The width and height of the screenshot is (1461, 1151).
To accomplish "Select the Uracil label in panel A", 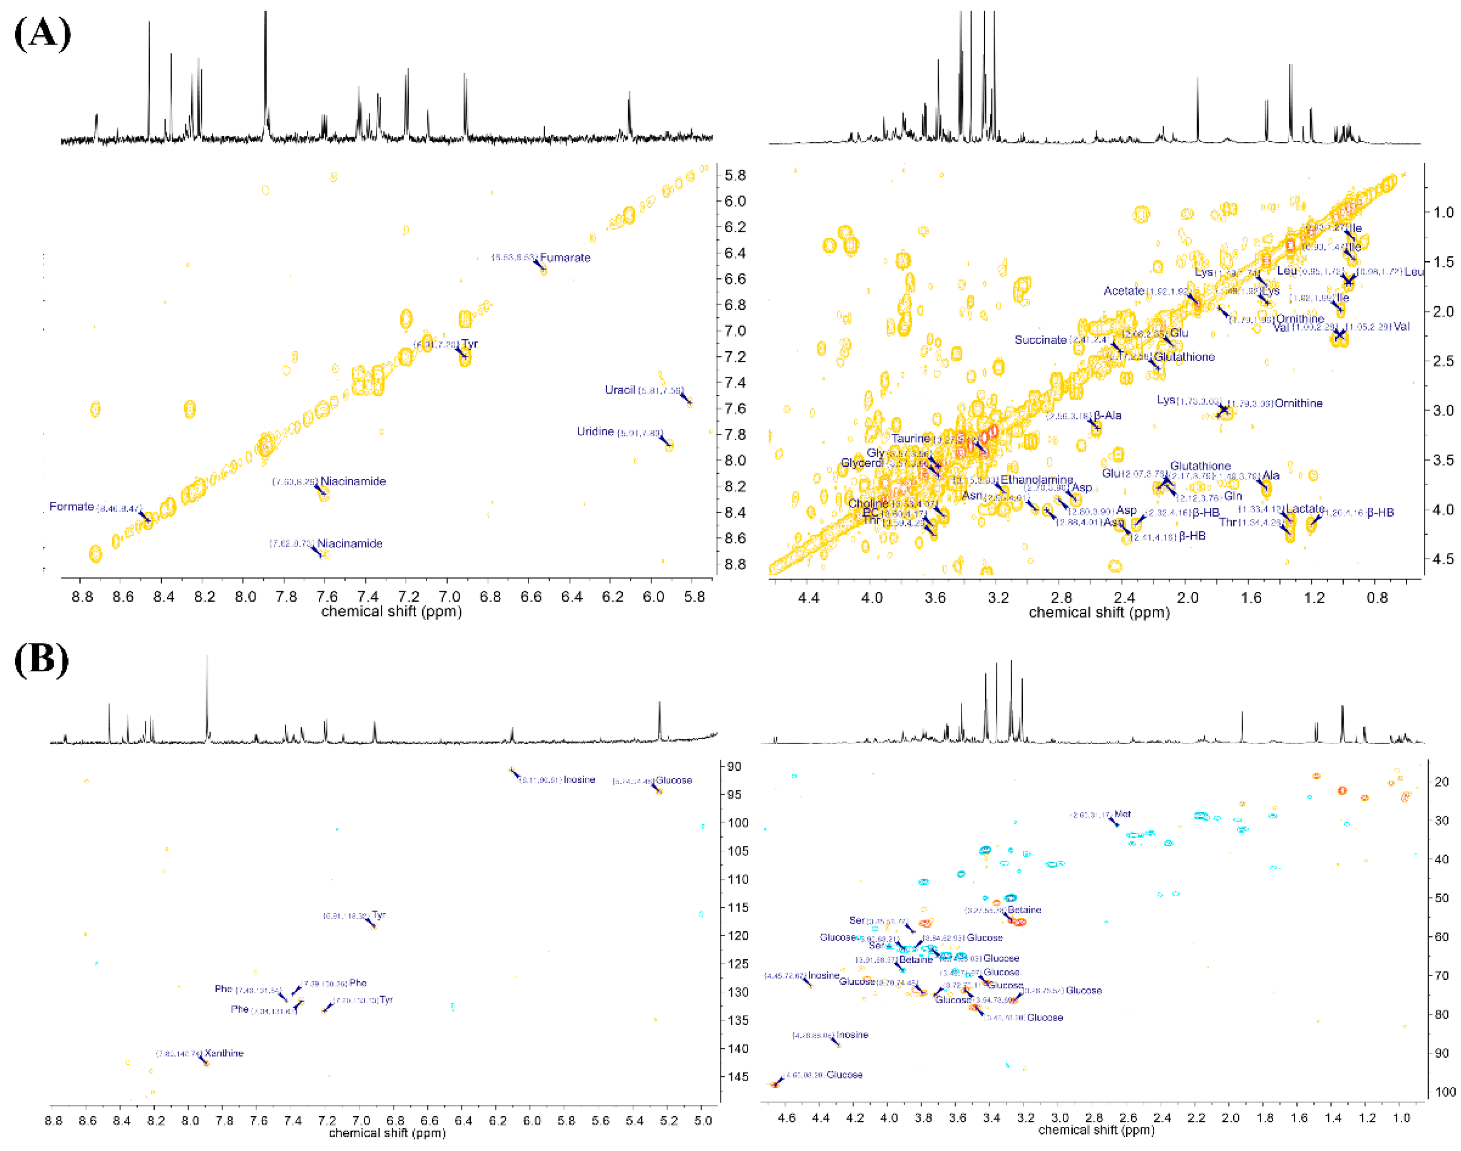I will [x=619, y=390].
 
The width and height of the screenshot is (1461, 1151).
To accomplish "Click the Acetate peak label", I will [x=1124, y=291].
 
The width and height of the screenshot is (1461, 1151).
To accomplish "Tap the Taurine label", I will [x=910, y=438].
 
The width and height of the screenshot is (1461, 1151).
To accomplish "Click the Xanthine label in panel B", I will [x=224, y=1052].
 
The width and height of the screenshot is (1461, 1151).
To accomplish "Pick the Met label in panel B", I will [x=1122, y=814].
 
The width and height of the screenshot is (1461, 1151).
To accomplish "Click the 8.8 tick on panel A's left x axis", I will [x=82, y=597].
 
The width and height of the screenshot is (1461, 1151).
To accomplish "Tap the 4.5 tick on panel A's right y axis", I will [x=1442, y=559].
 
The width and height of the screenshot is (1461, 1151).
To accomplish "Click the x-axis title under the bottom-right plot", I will [x=1096, y=1130].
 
